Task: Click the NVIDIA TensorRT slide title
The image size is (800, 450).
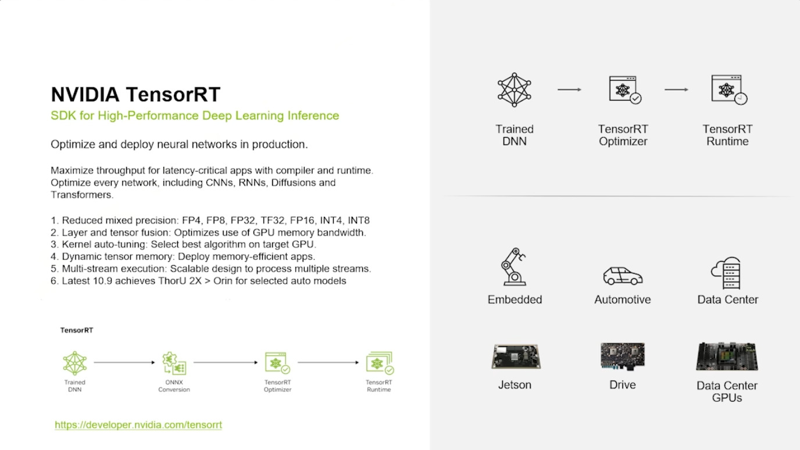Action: (x=135, y=94)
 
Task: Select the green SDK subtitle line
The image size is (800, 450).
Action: (x=195, y=116)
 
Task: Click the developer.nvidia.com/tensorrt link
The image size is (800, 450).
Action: (x=138, y=425)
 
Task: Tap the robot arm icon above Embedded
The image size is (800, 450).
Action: (x=514, y=267)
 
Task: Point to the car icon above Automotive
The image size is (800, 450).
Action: (x=623, y=276)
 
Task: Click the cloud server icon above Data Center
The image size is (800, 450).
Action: (x=727, y=273)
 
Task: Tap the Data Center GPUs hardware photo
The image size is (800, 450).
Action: (x=727, y=356)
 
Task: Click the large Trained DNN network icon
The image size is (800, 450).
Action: (x=515, y=90)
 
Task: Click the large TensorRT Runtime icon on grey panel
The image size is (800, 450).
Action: (x=728, y=90)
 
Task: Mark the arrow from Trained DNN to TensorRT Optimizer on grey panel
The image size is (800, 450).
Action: (x=569, y=90)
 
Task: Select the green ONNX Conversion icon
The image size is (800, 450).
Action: (x=174, y=363)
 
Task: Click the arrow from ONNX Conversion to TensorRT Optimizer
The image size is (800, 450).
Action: (x=226, y=363)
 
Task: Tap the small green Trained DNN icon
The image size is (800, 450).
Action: (x=75, y=363)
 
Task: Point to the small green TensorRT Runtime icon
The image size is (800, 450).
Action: (x=379, y=363)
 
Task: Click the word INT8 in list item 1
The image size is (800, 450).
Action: (x=359, y=220)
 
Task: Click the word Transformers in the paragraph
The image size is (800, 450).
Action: (x=81, y=195)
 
